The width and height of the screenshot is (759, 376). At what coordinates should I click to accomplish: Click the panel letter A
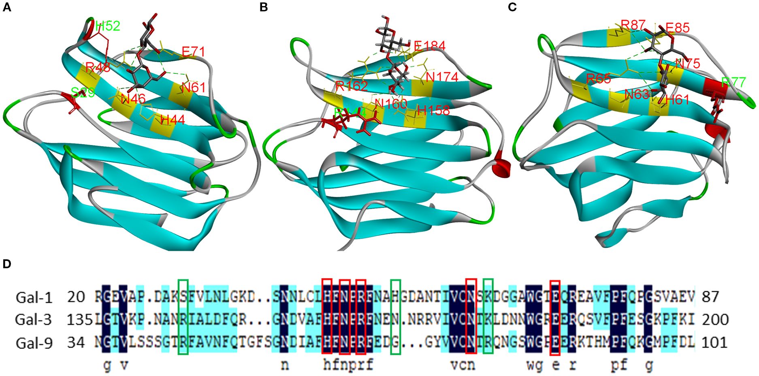tap(7, 7)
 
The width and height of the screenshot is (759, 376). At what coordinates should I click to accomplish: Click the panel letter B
tap(264, 7)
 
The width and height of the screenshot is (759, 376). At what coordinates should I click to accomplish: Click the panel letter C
tap(512, 7)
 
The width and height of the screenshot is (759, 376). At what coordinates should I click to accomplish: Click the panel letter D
tap(7, 264)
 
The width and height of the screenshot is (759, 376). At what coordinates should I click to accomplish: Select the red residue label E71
tap(193, 52)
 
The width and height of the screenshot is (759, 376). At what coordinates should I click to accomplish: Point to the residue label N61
tap(193, 88)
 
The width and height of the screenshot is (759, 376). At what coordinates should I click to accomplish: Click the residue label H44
tap(173, 120)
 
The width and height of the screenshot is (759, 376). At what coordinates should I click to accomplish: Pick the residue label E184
tap(429, 46)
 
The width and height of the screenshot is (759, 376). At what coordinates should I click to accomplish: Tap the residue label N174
tap(442, 77)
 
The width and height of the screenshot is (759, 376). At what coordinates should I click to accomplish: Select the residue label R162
tap(352, 86)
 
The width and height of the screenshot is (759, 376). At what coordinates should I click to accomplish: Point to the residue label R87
tap(633, 25)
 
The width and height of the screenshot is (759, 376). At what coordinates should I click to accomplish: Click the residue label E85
tap(677, 28)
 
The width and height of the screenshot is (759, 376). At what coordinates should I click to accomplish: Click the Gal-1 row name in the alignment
tap(34, 297)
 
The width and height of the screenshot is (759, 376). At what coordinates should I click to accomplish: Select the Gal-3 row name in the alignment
tap(34, 320)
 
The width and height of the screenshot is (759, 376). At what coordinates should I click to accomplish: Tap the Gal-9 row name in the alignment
tap(34, 343)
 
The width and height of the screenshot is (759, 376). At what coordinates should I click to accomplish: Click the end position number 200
tap(715, 320)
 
